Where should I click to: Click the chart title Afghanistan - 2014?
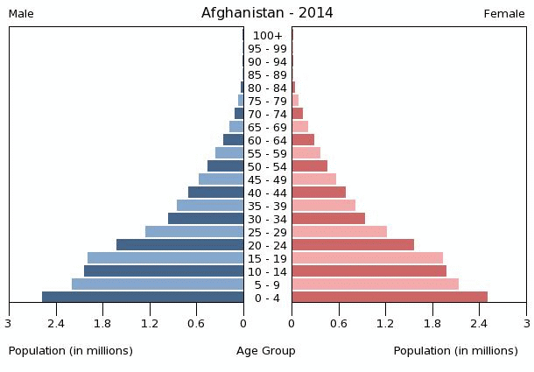click(267, 13)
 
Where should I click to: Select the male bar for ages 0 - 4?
click(143, 298)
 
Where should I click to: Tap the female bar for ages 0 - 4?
click(390, 298)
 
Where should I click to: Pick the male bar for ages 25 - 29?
click(194, 232)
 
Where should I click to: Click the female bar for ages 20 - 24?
click(353, 245)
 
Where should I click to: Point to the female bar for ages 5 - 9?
click(375, 284)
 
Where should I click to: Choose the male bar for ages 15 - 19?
click(165, 258)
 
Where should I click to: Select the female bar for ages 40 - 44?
click(319, 193)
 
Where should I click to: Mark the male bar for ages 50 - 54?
click(226, 166)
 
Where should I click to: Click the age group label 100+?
click(267, 36)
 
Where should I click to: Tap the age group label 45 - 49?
click(267, 180)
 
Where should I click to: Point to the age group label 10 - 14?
click(267, 272)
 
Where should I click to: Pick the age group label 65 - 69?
click(267, 128)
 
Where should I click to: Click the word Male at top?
click(21, 14)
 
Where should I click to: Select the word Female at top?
click(504, 14)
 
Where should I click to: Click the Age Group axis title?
click(266, 351)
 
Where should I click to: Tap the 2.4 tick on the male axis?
click(56, 324)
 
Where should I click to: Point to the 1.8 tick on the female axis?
click(432, 324)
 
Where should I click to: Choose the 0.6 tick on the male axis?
click(197, 324)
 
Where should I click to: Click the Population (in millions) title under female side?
click(455, 351)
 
